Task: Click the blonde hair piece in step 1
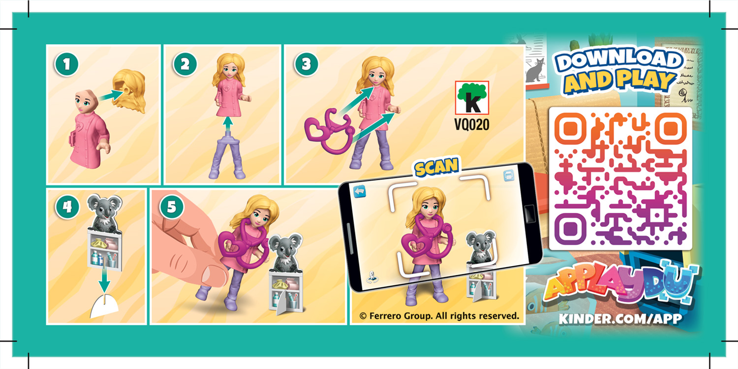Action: [x=129, y=91]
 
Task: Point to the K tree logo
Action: [x=471, y=98]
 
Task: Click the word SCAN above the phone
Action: [x=436, y=167]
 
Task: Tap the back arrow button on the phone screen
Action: [x=360, y=191]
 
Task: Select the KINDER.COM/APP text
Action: [x=620, y=319]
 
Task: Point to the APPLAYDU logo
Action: [x=620, y=286]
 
